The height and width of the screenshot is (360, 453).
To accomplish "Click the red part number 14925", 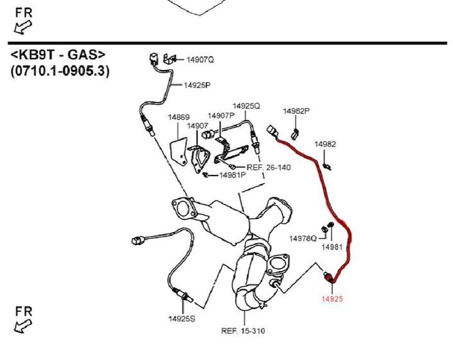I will [x=332, y=298].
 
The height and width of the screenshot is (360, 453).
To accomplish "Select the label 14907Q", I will [x=200, y=60].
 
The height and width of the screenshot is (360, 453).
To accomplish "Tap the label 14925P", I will [x=197, y=85].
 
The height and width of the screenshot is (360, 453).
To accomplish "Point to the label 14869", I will [x=179, y=118].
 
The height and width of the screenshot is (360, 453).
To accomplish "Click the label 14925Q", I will [x=246, y=105].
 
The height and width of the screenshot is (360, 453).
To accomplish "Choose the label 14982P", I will [x=296, y=111].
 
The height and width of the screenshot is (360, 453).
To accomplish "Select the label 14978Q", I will [x=303, y=239].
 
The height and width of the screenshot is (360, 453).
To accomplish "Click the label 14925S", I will [x=182, y=318].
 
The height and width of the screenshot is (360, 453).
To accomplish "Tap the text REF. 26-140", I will [x=269, y=166].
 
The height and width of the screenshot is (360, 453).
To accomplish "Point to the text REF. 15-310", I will [x=243, y=331].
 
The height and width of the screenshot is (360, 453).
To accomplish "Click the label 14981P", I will [x=233, y=175].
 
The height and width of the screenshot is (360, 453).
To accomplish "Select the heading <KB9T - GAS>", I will [x=58, y=55].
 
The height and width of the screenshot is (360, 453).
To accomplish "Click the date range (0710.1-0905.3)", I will [x=60, y=71].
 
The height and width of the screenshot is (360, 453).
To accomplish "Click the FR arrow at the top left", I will [x=24, y=21].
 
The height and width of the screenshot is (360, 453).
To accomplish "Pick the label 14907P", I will [x=221, y=116].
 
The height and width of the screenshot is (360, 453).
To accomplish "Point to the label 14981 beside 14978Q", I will [x=332, y=247].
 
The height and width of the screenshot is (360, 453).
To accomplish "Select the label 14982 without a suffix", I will [x=325, y=145].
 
